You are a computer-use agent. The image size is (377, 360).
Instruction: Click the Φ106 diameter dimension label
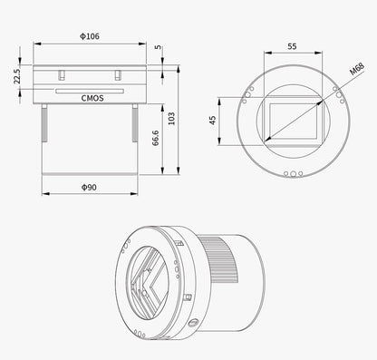89,37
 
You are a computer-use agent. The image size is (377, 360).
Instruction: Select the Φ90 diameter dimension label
89,186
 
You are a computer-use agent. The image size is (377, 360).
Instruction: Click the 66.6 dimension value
157,137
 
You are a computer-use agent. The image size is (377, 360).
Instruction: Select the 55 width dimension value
291,44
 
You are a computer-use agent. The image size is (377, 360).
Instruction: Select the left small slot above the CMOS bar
61,75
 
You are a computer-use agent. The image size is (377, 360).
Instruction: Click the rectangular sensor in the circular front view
291,120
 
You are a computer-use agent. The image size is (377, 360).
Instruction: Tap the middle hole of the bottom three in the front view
291,173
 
